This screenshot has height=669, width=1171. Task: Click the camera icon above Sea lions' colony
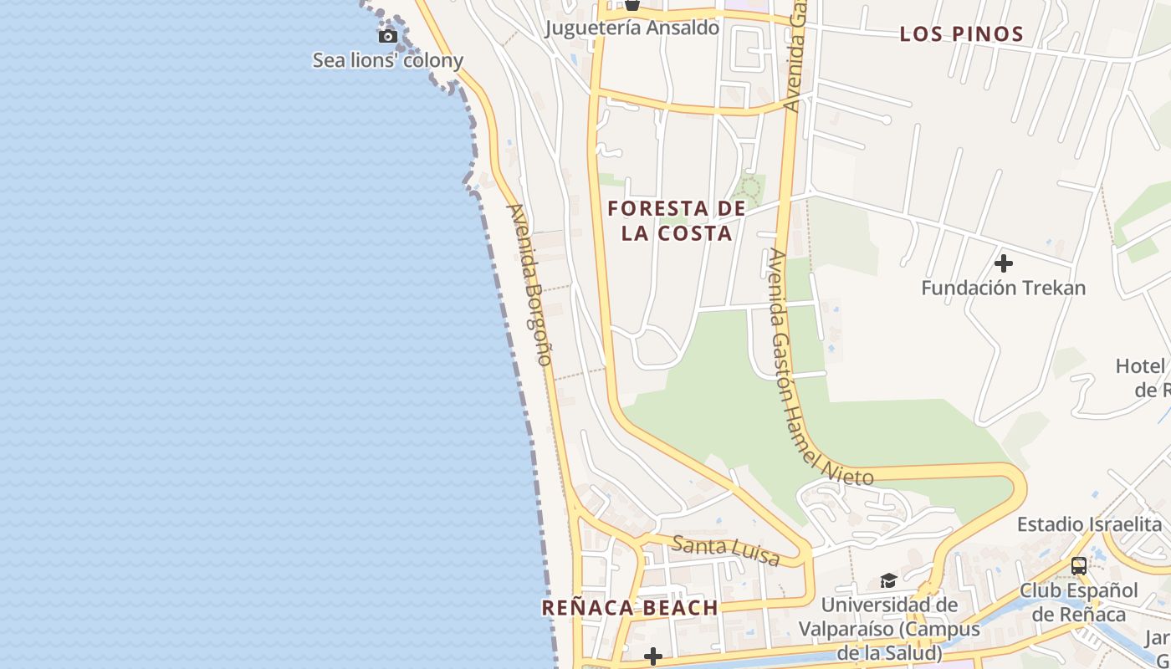click(x=387, y=36)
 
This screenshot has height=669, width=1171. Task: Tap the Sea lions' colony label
click(x=387, y=60)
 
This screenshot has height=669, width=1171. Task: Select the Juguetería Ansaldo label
click(x=632, y=28)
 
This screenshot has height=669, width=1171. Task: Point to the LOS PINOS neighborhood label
click(x=961, y=34)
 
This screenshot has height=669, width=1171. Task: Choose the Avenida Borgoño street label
click(x=530, y=284)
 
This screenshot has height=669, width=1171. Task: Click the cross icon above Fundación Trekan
click(x=1003, y=263)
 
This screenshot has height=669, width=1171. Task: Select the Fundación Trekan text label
click(x=1003, y=289)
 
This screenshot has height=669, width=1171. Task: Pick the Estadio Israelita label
click(x=1089, y=524)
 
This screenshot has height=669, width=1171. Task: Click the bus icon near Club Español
click(x=1079, y=566)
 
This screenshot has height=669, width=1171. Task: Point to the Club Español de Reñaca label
click(x=1079, y=602)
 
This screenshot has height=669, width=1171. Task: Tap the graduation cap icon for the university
click(x=887, y=580)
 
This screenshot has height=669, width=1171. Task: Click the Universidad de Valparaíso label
click(x=877, y=627)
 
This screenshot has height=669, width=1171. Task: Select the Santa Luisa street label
click(x=726, y=551)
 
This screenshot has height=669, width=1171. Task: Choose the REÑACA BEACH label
click(x=629, y=608)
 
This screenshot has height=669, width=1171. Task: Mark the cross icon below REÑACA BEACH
click(x=653, y=657)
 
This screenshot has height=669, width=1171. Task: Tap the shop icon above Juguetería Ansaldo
click(x=632, y=5)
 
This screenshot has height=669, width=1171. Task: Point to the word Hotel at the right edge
click(x=1140, y=366)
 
